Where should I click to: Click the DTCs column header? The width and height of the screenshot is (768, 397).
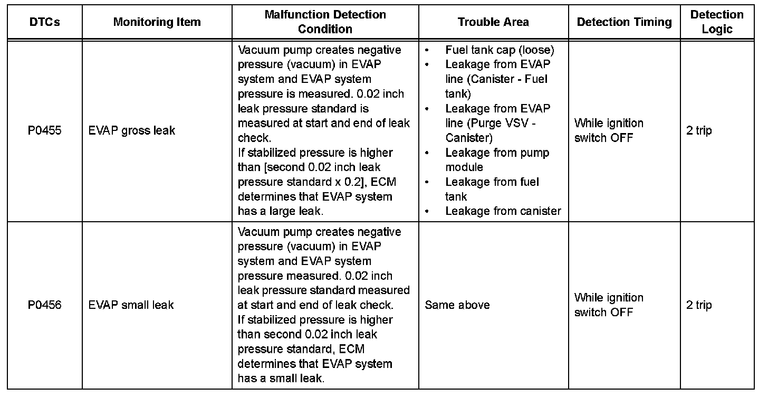(45, 22)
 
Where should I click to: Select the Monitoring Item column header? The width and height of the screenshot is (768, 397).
(157, 22)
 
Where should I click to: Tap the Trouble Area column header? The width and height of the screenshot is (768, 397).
(493, 22)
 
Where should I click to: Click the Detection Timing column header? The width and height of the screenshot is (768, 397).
(624, 22)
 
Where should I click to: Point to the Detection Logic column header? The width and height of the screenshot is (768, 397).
(717, 22)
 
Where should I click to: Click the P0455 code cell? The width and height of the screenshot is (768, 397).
(45, 130)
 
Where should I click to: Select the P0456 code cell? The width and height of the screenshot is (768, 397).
(45, 305)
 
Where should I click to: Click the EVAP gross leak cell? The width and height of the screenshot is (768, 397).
(132, 130)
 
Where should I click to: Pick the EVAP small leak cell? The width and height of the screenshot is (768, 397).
(131, 305)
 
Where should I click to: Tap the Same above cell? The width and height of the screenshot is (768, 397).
(457, 305)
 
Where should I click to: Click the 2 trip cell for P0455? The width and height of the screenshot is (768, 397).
(699, 130)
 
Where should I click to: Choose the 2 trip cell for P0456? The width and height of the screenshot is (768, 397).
(699, 305)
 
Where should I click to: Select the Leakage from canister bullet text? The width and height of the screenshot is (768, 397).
(503, 211)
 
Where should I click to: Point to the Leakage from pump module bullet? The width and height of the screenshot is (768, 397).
(497, 160)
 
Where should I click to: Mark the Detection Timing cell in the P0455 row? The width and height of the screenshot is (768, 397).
(609, 130)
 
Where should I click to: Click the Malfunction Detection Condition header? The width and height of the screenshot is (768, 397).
(325, 22)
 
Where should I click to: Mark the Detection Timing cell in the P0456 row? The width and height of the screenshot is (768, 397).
(609, 305)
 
